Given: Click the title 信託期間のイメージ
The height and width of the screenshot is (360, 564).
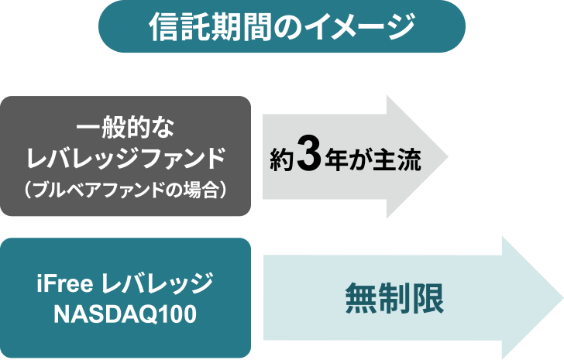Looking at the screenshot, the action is coord(282,26).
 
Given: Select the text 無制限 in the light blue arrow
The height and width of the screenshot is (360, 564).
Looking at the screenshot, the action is coord(394,298).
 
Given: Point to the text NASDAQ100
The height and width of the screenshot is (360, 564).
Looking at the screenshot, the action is coord(126,314).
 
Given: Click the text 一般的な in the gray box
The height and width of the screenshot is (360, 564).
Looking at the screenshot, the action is coord(126,127).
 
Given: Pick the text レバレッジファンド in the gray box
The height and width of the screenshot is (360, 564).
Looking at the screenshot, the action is coord(126,158).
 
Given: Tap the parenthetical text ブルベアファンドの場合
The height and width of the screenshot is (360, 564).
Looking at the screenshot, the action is coord(126,190).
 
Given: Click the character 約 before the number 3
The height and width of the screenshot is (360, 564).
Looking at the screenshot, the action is coord(282,160).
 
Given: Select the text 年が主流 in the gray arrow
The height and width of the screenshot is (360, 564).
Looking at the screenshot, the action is coord(373,160).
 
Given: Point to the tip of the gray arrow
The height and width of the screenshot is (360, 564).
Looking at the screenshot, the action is coord(448,156).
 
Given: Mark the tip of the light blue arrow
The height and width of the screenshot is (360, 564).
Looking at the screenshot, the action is coord(563,297).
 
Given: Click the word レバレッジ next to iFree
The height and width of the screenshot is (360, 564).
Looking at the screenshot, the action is coord(157,283).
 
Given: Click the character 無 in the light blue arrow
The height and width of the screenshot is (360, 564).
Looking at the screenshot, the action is coord(361,298).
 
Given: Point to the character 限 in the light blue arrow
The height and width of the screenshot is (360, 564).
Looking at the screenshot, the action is coord(428,298).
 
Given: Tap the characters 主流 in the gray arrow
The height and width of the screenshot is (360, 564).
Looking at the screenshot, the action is coord(397,160).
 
